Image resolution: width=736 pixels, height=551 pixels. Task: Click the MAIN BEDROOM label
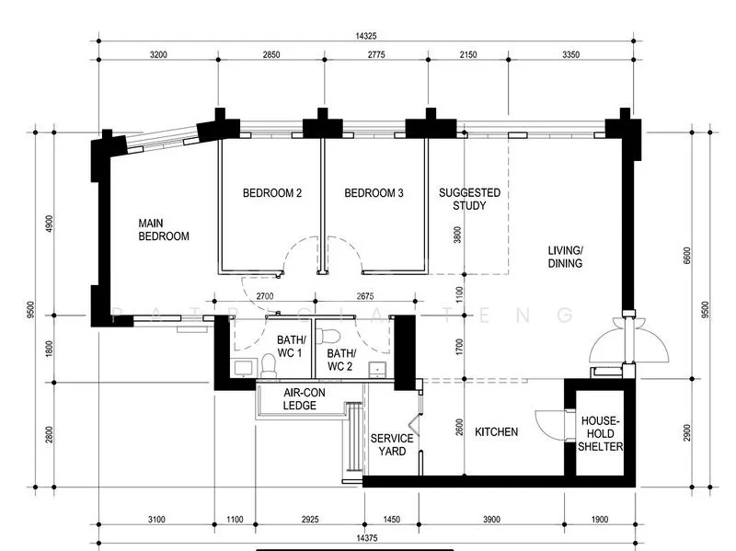point(164,230)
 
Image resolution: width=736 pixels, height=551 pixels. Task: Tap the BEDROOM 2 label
point(272,193)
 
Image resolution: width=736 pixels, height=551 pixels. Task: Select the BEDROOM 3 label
point(374,193)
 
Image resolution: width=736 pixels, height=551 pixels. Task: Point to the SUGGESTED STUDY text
point(469,199)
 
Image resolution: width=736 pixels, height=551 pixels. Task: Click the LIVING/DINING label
point(565,257)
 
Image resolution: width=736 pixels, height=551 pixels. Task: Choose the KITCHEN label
point(496,431)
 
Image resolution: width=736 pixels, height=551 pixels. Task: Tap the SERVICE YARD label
point(391,445)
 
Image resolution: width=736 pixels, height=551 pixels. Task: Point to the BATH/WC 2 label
point(340,360)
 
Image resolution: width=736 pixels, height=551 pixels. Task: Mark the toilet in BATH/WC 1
point(268,366)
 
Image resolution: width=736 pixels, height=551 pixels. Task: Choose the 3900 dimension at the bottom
point(491,521)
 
